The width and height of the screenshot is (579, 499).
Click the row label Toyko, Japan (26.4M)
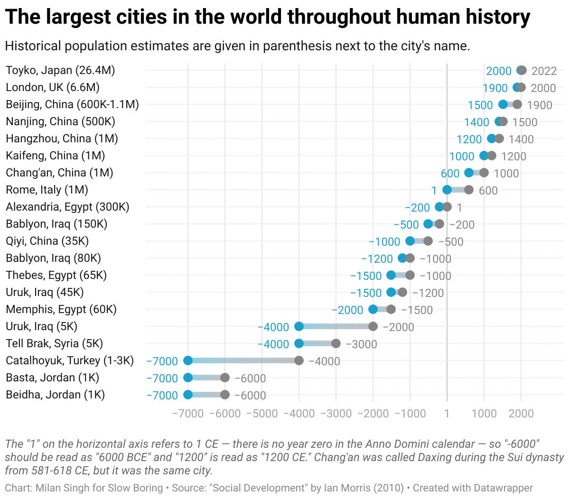click(x=60, y=70)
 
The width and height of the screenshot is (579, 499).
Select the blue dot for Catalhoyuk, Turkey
click(x=188, y=360)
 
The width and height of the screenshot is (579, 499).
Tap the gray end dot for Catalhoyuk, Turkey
click(x=299, y=360)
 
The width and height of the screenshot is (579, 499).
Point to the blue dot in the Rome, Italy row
click(x=447, y=190)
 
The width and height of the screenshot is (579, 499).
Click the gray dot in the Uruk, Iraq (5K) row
click(x=373, y=326)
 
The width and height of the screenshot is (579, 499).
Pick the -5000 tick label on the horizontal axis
click(x=262, y=413)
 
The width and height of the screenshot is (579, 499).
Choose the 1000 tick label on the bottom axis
click(x=484, y=413)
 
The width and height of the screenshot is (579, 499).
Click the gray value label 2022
click(x=544, y=71)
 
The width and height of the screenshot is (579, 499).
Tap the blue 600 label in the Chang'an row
click(x=450, y=173)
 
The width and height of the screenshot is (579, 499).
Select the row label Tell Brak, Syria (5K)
click(x=54, y=343)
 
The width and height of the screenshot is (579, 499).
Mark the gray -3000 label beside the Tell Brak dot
click(x=361, y=344)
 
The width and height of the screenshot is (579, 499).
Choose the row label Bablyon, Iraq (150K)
click(x=56, y=224)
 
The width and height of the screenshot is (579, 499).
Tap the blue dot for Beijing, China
click(x=503, y=104)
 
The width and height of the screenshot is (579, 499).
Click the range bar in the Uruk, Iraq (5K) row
click(x=336, y=326)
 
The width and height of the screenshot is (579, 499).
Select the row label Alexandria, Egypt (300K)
click(x=67, y=207)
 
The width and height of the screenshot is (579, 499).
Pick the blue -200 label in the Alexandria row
click(x=417, y=207)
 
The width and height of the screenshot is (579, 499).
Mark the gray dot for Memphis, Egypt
click(x=391, y=309)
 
